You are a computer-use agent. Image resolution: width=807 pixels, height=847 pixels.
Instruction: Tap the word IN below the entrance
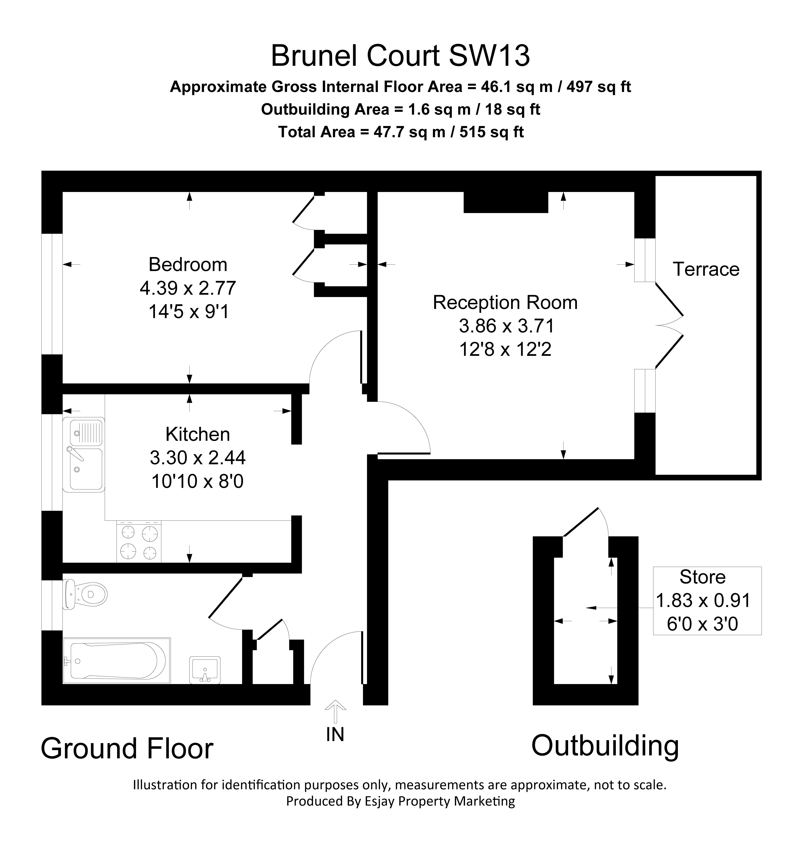point(335,734)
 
